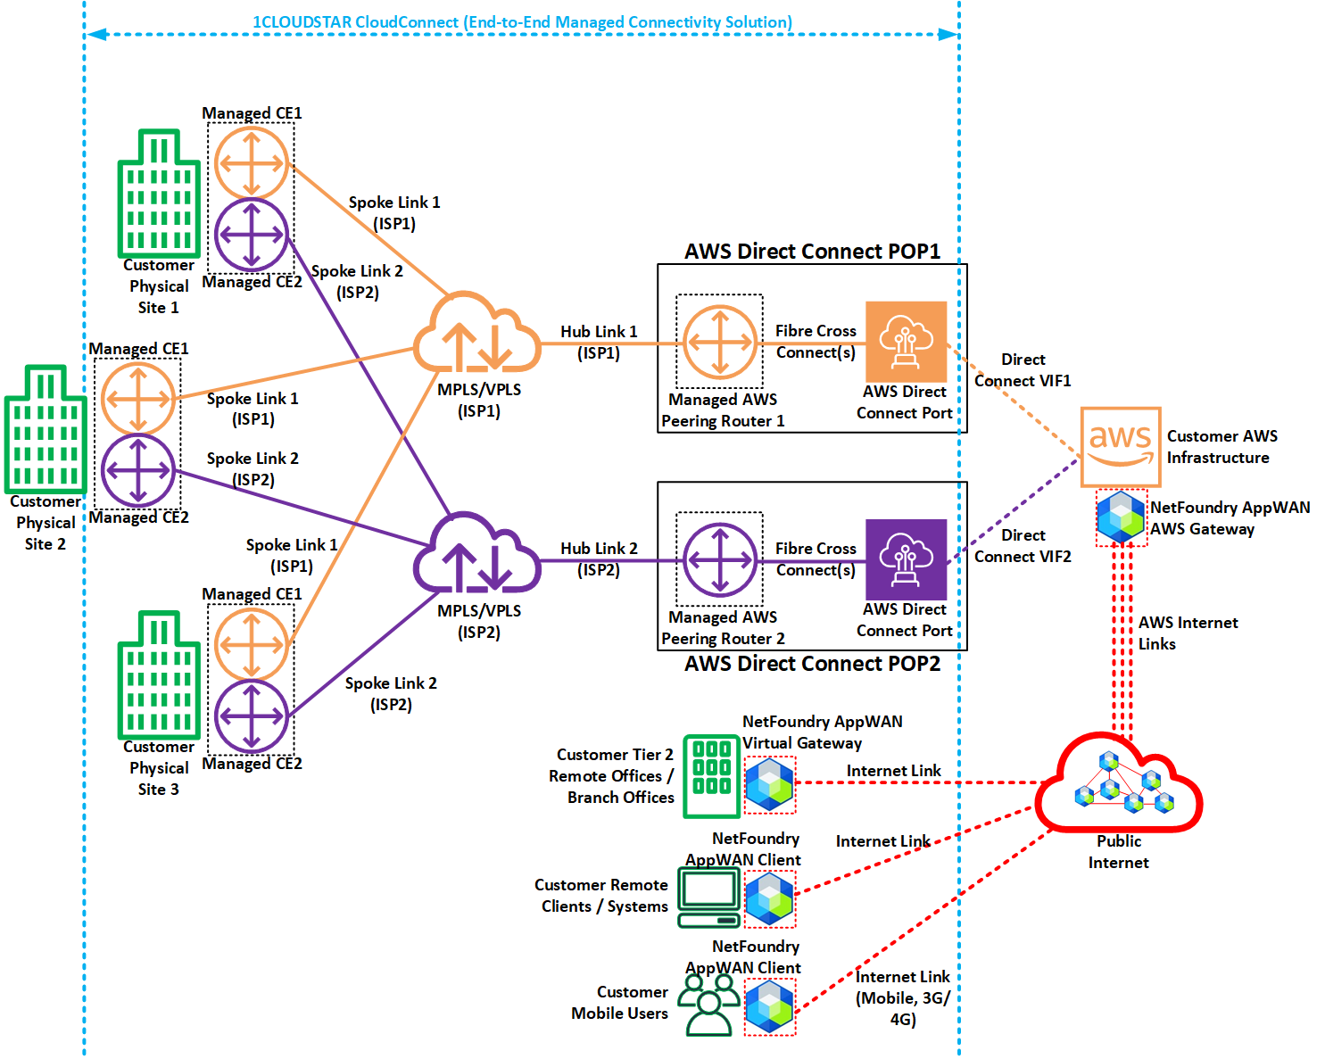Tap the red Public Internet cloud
pyautogui.click(x=1120, y=783)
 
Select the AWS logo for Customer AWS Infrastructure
pyautogui.click(x=1120, y=446)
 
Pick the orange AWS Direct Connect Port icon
pyautogui.click(x=906, y=342)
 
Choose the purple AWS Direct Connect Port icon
pyautogui.click(x=906, y=559)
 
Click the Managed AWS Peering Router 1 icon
pyautogui.click(x=720, y=343)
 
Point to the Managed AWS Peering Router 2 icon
pyautogui.click(x=720, y=559)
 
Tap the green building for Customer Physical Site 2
pyautogui.click(x=46, y=429)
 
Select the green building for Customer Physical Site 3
pyautogui.click(x=159, y=675)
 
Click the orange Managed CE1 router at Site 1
pyautogui.click(x=252, y=163)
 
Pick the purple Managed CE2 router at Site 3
pyautogui.click(x=252, y=716)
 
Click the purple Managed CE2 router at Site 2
pyautogui.click(x=137, y=469)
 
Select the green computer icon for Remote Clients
pyautogui.click(x=708, y=898)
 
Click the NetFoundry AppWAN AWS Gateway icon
pyautogui.click(x=1121, y=517)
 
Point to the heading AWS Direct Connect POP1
pyautogui.click(x=812, y=252)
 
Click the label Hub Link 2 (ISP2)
pyautogui.click(x=599, y=558)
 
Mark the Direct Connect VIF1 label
pyautogui.click(x=1023, y=370)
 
